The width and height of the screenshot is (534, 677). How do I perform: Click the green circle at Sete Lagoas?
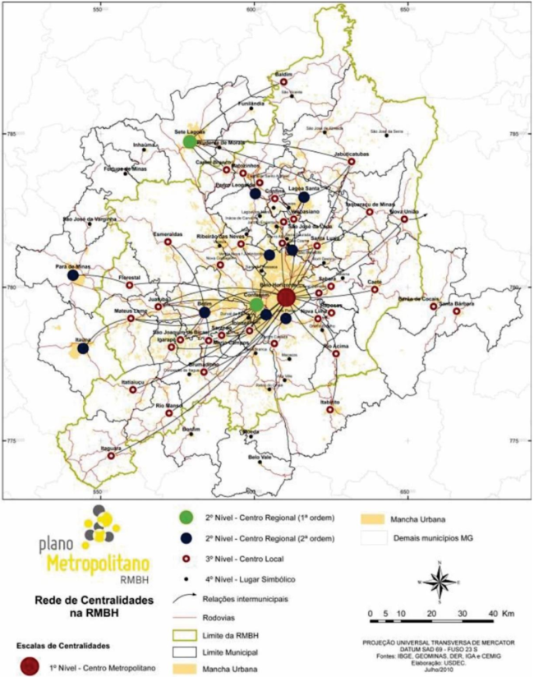coord(189,141)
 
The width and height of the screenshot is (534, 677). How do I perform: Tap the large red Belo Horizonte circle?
coord(286,297)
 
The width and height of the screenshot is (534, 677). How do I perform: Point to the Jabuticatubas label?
coord(351,154)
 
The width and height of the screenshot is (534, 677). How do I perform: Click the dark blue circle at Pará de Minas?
coord(73,276)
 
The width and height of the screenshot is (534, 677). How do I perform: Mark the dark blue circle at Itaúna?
coord(83,348)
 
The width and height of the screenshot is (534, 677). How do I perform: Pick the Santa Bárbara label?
coord(455,303)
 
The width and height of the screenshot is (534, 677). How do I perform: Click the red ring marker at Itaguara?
coord(111,455)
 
